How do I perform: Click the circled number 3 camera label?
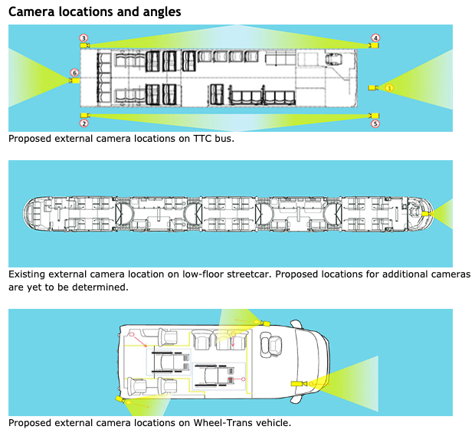tap(84, 38)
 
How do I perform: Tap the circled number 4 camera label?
tap(375, 38)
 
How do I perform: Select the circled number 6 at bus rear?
tap(74, 73)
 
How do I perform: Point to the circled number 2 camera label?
tap(84, 123)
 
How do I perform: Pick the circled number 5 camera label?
tap(375, 123)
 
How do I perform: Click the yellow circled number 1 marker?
tap(389, 88)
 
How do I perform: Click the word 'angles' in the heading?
tap(158, 12)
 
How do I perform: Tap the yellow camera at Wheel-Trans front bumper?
tap(297, 383)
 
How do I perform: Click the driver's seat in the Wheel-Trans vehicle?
tap(270, 346)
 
